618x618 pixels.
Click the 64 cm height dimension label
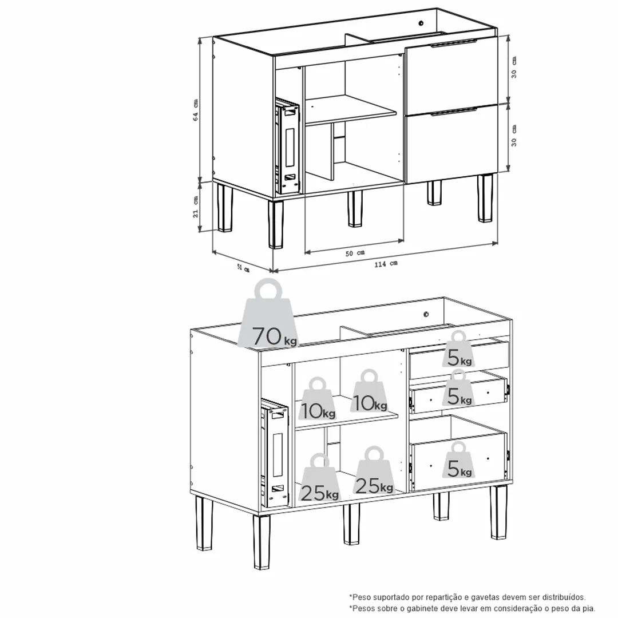click(x=196, y=110)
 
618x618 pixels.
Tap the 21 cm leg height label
click(x=196, y=207)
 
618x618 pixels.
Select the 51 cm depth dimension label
click(x=243, y=268)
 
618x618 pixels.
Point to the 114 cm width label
click(x=386, y=264)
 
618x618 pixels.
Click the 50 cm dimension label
click(x=355, y=253)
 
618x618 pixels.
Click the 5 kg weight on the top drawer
click(x=458, y=349)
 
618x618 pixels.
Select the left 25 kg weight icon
click(x=320, y=478)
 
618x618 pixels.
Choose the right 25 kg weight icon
click(x=374, y=470)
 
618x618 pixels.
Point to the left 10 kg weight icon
click(x=318, y=398)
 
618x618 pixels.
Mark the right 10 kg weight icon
click(x=369, y=391)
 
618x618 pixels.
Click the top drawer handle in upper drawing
click(x=454, y=43)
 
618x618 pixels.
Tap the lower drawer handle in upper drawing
click(x=454, y=112)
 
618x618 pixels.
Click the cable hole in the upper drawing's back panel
click(x=421, y=23)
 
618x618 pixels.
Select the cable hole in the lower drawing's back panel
click(x=426, y=314)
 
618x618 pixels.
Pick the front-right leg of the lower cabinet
click(x=498, y=512)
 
